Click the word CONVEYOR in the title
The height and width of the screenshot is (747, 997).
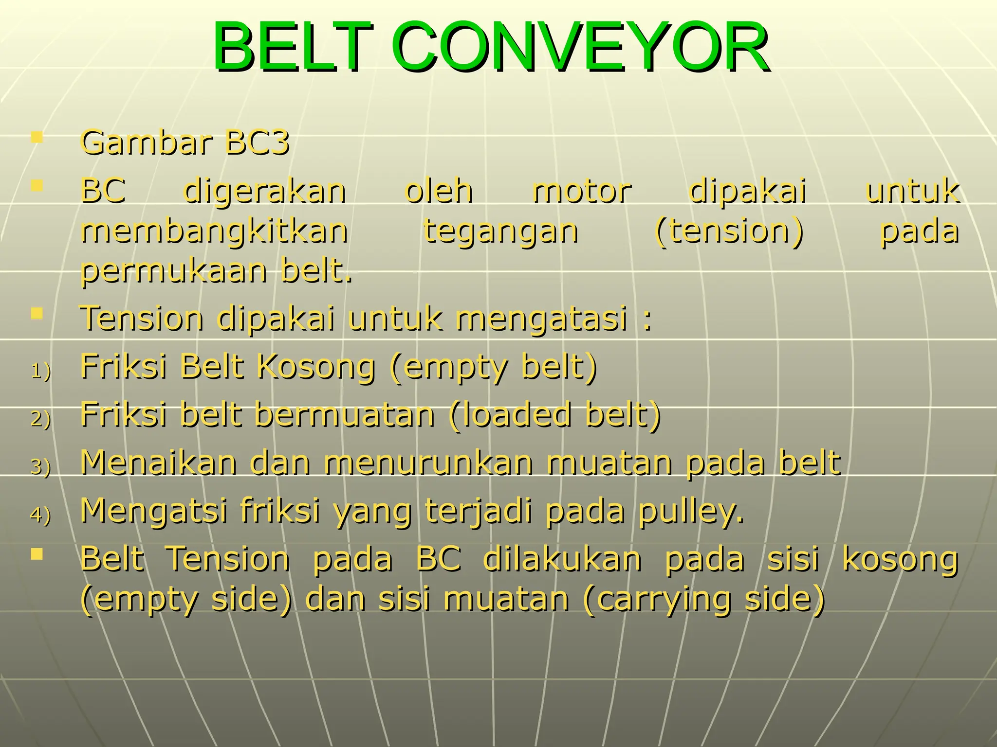(x=579, y=47)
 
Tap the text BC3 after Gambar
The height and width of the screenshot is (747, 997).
(x=258, y=143)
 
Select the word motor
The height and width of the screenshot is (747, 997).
(x=582, y=191)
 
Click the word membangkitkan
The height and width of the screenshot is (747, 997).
(x=214, y=231)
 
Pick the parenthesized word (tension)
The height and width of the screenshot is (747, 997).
(x=729, y=231)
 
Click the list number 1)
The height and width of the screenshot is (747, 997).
(x=41, y=372)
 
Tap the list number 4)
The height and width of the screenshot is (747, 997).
(x=41, y=515)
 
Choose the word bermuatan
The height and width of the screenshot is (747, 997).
(x=345, y=415)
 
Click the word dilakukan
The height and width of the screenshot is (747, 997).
(x=562, y=559)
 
